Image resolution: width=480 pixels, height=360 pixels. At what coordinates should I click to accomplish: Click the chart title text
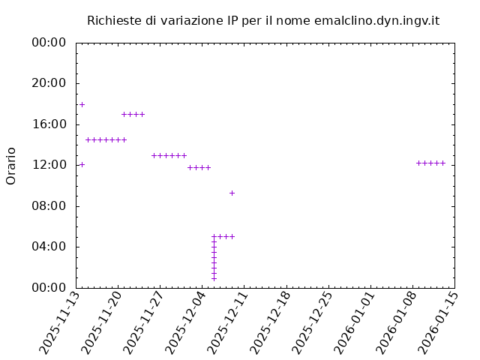pyautogui.click(x=262, y=20)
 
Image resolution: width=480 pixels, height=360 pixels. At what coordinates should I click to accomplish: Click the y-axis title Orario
pyautogui.click(x=11, y=165)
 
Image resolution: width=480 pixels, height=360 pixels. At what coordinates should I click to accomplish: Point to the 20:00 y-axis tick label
pyautogui.click(x=49, y=83)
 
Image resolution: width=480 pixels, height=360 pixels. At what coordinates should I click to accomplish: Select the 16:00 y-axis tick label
pyautogui.click(x=49, y=124)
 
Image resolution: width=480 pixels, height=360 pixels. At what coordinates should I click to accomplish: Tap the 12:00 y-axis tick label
pyautogui.click(x=49, y=165)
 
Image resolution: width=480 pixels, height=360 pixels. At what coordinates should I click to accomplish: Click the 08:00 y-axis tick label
pyautogui.click(x=49, y=205)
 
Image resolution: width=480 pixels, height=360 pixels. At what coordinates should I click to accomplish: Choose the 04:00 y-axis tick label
pyautogui.click(x=49, y=247)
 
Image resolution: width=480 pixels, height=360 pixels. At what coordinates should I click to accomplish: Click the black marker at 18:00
pyautogui.click(x=82, y=104)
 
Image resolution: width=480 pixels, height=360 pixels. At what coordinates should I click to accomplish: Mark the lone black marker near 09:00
pyautogui.click(x=232, y=193)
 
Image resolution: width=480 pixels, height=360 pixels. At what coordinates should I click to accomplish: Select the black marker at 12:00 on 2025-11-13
pyautogui.click(x=82, y=164)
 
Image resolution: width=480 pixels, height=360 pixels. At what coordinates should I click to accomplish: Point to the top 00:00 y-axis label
pyautogui.click(x=49, y=43)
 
